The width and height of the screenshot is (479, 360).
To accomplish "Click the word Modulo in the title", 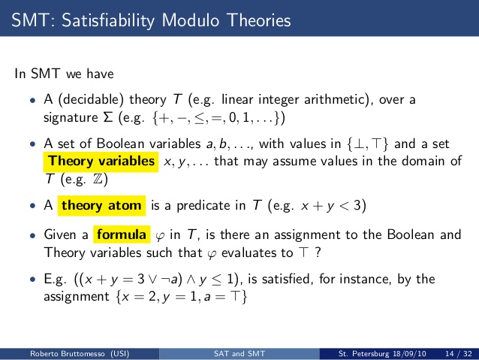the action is point(190,20).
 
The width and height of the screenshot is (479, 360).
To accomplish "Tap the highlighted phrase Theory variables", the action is point(101,161).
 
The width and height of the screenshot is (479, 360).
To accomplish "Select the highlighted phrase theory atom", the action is point(101,205).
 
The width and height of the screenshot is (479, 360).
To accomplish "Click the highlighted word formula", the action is point(122,234).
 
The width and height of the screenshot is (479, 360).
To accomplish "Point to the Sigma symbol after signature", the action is point(108,117).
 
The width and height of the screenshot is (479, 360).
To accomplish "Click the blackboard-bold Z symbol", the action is point(98,179).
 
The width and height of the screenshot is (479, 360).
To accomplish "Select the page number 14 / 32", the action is point(459,353).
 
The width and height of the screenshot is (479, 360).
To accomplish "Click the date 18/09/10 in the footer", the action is point(409,353).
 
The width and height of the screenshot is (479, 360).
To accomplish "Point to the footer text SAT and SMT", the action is point(239,353).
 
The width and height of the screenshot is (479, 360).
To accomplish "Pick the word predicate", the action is point(211,205).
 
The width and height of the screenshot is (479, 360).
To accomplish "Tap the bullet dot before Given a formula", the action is point(33,235).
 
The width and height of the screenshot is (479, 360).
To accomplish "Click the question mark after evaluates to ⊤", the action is point(318,253).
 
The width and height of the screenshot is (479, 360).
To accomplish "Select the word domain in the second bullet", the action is point(423,161).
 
